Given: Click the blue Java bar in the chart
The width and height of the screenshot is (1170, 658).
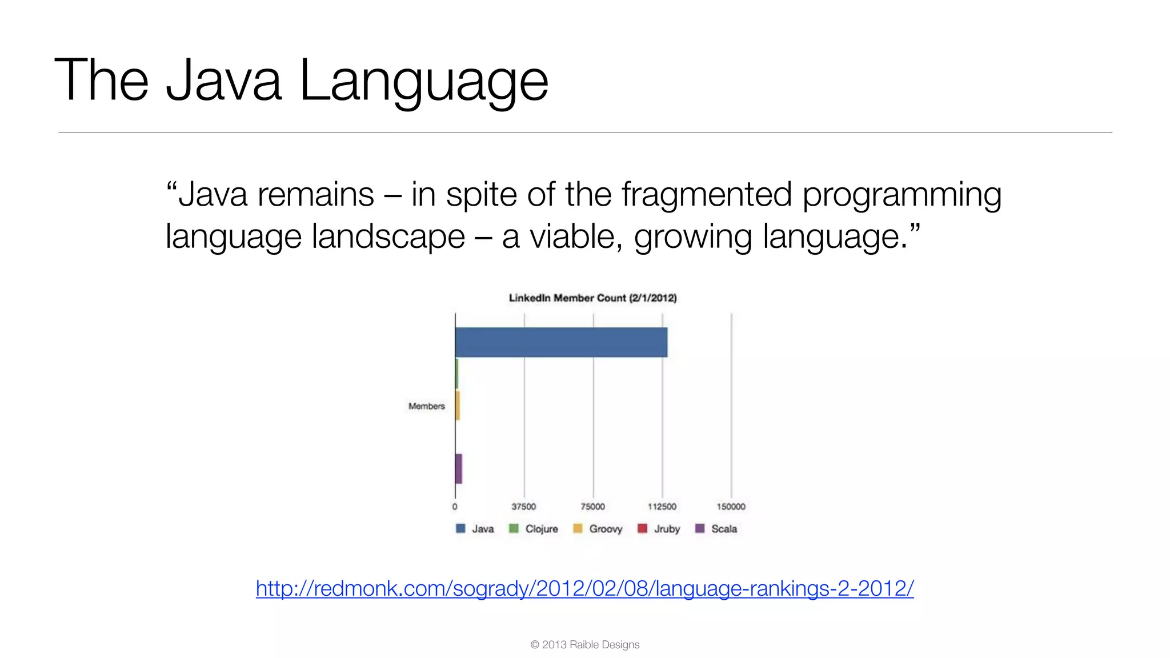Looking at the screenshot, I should point(561,342).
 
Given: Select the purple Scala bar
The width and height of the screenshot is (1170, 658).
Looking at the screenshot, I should point(458,468).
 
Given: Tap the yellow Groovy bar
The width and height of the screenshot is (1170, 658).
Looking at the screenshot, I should point(458,406).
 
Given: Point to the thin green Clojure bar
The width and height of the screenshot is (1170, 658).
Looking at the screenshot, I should point(456,374).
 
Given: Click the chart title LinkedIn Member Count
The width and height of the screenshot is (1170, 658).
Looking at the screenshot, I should point(592,298).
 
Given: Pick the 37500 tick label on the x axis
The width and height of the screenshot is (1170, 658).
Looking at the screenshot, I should point(523,507).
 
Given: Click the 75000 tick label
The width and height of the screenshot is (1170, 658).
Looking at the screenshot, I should point(592,507).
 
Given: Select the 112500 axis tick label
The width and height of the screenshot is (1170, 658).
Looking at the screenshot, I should point(662,507).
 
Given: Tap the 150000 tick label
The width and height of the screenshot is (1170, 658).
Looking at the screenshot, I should point(731,507).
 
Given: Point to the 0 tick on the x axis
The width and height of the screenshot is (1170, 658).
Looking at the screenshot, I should point(455,507).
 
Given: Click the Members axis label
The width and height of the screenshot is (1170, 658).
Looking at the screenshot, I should point(426,406).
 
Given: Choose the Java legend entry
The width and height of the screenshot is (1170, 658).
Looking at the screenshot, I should point(475,529).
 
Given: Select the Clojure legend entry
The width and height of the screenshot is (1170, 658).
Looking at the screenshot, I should point(534,529).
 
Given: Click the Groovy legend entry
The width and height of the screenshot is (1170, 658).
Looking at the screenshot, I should point(598,529).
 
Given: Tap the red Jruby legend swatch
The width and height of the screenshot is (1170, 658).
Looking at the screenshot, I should point(642,528).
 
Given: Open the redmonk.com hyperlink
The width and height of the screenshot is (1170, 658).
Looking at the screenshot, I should point(584,588).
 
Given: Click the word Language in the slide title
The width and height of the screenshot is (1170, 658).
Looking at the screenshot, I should point(423,81).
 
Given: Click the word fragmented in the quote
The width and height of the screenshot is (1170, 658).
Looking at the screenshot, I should point(707,194).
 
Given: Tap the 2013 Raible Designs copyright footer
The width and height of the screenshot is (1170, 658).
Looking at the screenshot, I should point(584,645).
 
